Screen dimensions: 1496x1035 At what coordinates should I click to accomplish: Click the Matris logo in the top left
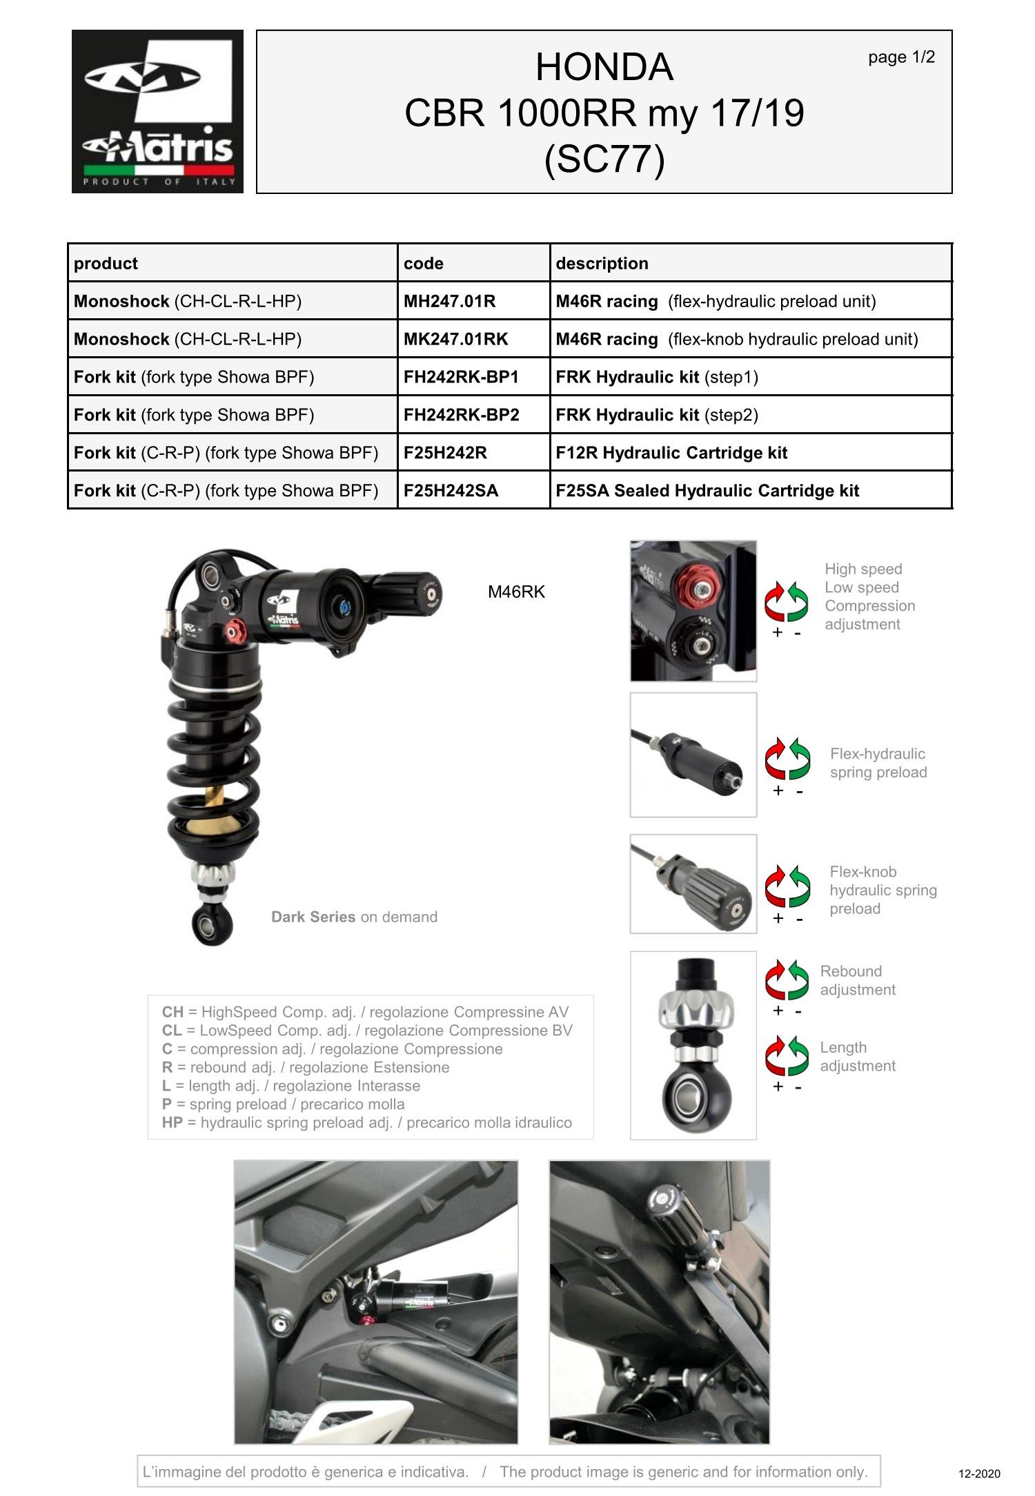click(x=157, y=111)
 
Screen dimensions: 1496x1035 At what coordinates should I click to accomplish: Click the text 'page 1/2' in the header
click(x=901, y=57)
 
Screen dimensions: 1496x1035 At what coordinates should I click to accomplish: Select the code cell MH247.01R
click(x=449, y=302)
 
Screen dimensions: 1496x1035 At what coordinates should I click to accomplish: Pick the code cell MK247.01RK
click(x=455, y=340)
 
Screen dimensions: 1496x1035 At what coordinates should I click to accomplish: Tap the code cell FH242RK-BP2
click(x=461, y=415)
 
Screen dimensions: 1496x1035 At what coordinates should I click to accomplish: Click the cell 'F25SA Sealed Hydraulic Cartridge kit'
click(x=707, y=491)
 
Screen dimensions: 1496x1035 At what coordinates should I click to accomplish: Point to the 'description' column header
click(x=602, y=264)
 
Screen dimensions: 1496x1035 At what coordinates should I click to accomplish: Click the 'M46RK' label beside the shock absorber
click(x=516, y=592)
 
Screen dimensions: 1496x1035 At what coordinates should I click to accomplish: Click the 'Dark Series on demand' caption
click(x=354, y=917)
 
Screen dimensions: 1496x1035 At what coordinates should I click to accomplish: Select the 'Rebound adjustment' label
click(x=857, y=980)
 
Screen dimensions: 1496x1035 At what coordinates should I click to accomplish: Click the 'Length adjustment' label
click(x=857, y=1056)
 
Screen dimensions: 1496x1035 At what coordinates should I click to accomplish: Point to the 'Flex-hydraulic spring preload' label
click(x=878, y=763)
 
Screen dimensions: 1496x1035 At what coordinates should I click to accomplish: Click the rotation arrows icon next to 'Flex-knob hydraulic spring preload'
click(x=787, y=886)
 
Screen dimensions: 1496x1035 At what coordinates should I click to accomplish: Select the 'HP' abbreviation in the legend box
click(x=172, y=1123)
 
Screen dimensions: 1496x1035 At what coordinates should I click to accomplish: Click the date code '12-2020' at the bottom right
click(x=978, y=1474)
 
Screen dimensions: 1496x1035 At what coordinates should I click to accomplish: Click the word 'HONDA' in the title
click(x=604, y=68)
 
